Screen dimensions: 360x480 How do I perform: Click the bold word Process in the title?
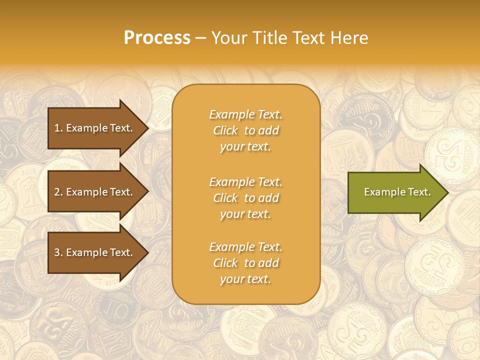(157, 38)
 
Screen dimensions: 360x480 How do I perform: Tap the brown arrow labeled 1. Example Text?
(95, 128)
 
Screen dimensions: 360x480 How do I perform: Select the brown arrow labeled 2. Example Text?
(95, 192)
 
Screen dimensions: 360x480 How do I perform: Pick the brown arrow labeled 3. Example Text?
(95, 252)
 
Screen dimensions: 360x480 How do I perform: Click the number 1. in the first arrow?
(58, 128)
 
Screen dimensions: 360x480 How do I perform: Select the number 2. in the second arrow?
(58, 192)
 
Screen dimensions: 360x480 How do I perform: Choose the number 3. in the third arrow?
(58, 252)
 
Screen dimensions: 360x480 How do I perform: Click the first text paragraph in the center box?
(245, 130)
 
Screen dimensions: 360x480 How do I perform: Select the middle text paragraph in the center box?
(245, 198)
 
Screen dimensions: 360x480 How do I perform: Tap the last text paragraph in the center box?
(245, 263)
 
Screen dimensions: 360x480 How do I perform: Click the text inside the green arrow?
(397, 192)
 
